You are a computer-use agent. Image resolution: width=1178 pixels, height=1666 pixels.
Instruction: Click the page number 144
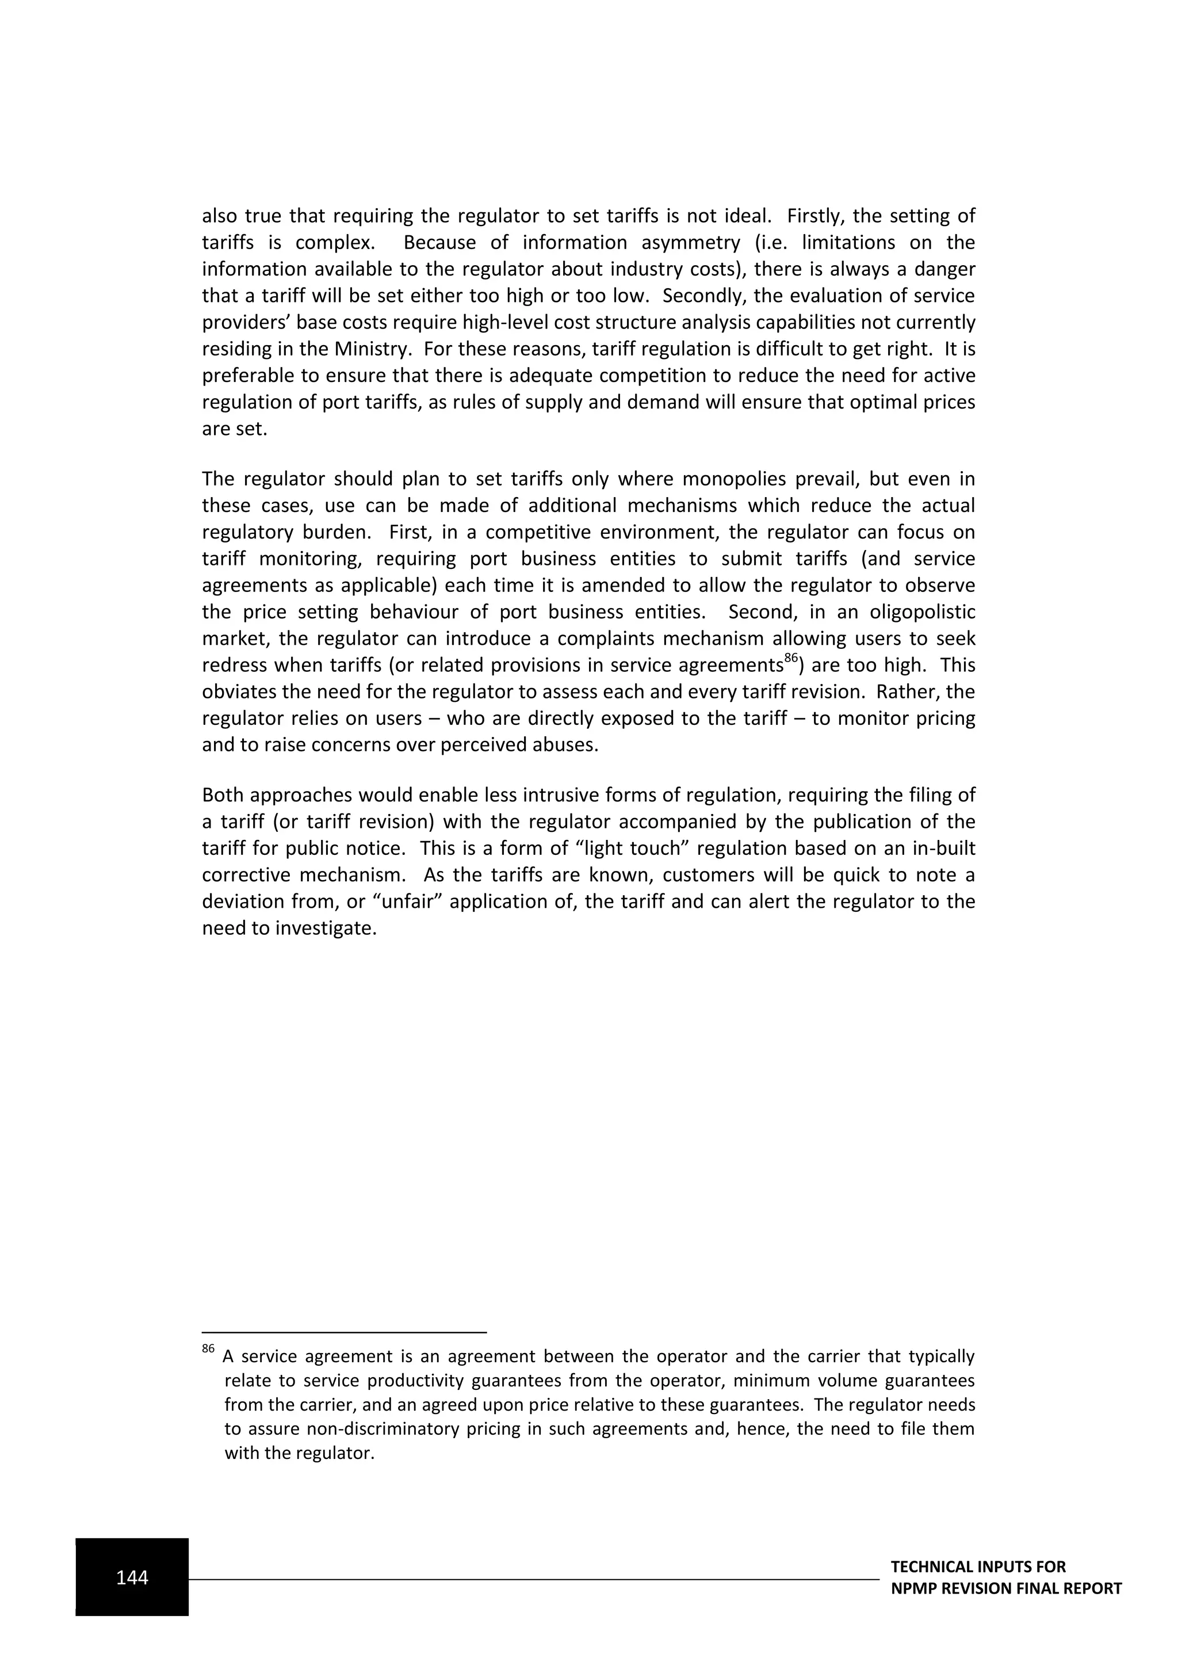[x=132, y=1577]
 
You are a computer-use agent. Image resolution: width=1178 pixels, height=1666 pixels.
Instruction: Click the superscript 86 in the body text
[x=791, y=659]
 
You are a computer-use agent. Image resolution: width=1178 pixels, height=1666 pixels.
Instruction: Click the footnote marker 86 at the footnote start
[x=208, y=1349]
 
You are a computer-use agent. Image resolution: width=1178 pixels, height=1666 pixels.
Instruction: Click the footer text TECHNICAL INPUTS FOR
[x=978, y=1566]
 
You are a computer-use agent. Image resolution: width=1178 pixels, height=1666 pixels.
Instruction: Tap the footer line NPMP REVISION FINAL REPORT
[x=1005, y=1588]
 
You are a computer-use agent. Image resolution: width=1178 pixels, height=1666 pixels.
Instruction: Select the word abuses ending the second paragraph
[x=568, y=744]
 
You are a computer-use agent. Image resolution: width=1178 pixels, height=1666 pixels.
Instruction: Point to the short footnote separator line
[x=344, y=1332]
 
